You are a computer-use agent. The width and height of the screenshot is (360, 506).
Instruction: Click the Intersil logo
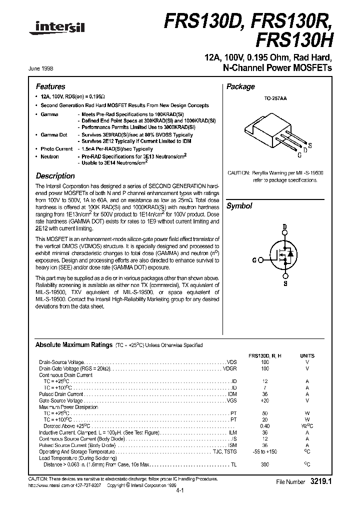pos(51,30)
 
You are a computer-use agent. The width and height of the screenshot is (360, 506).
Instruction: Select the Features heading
pos(50,86)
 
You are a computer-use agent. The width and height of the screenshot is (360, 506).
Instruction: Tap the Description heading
pos(55,176)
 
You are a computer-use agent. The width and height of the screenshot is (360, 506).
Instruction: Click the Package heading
pos(240,86)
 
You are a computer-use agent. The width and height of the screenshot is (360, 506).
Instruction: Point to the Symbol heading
pos(239,206)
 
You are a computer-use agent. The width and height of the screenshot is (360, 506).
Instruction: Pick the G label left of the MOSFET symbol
pos(254,260)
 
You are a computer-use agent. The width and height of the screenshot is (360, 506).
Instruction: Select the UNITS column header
pos(307,355)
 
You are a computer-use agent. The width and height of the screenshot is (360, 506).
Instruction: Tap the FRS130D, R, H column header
pos(264,355)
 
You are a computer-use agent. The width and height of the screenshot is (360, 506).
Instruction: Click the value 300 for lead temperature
pos(264,464)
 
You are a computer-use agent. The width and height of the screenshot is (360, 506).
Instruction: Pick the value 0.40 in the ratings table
pos(264,426)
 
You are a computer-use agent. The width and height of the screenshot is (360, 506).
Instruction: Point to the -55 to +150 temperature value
pos(264,451)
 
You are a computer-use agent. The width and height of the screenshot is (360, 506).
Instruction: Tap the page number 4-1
pos(180,491)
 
